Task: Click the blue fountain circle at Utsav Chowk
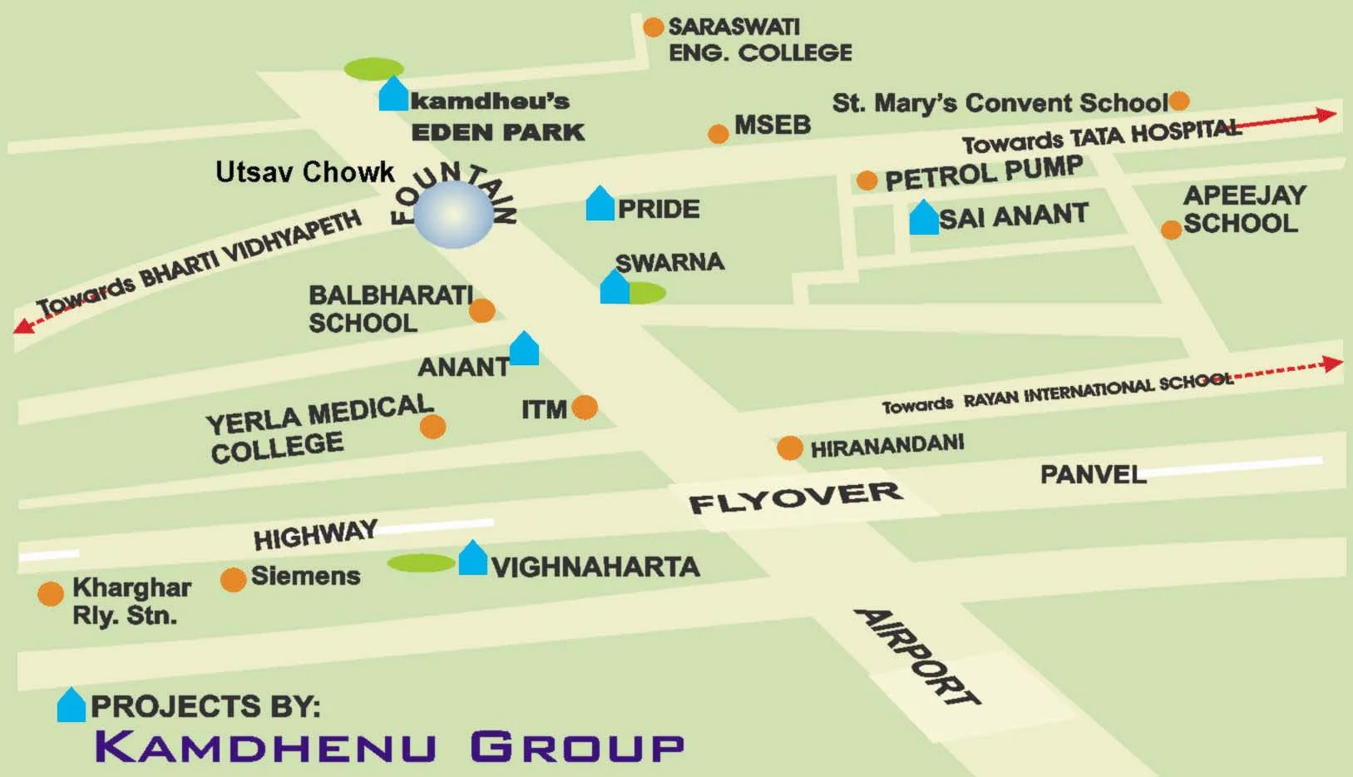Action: pyautogui.click(x=453, y=215)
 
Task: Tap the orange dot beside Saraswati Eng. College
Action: pyautogui.click(x=654, y=27)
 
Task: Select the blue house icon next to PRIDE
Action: pyautogui.click(x=600, y=204)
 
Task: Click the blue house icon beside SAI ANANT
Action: pyautogui.click(x=923, y=218)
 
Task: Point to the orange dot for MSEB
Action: pyautogui.click(x=718, y=134)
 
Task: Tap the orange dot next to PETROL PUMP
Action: pyautogui.click(x=867, y=181)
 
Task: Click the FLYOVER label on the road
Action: pyautogui.click(x=795, y=497)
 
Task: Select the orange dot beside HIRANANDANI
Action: pyautogui.click(x=789, y=448)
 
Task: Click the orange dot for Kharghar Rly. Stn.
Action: pyautogui.click(x=51, y=593)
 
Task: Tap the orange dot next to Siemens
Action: pyautogui.click(x=233, y=579)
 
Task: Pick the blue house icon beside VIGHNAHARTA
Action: pyautogui.click(x=472, y=558)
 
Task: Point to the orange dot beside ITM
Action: pyautogui.click(x=585, y=407)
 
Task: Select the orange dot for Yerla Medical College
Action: pyautogui.click(x=432, y=427)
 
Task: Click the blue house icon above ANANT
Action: pyautogui.click(x=524, y=349)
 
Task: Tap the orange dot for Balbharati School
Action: pyautogui.click(x=481, y=311)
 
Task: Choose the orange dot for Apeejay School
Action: pyautogui.click(x=1171, y=230)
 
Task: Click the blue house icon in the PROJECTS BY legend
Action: pyautogui.click(x=72, y=705)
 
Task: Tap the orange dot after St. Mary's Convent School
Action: pyautogui.click(x=1179, y=101)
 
